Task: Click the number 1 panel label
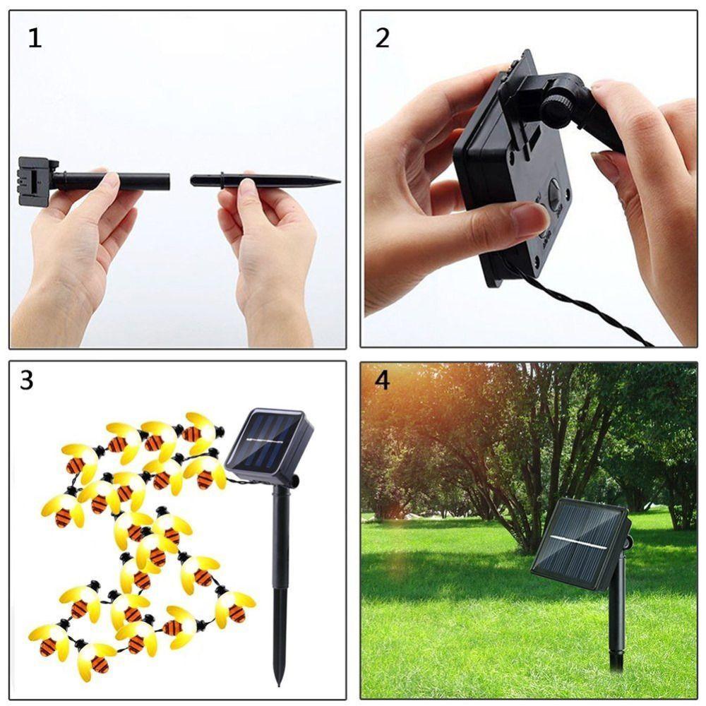(x=35, y=38)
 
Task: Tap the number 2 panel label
(x=382, y=38)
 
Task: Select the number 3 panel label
(x=27, y=381)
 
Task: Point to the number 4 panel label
(x=382, y=381)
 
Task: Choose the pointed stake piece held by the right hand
(x=261, y=181)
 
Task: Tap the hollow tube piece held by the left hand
(x=113, y=181)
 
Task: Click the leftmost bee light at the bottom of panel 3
(x=49, y=639)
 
